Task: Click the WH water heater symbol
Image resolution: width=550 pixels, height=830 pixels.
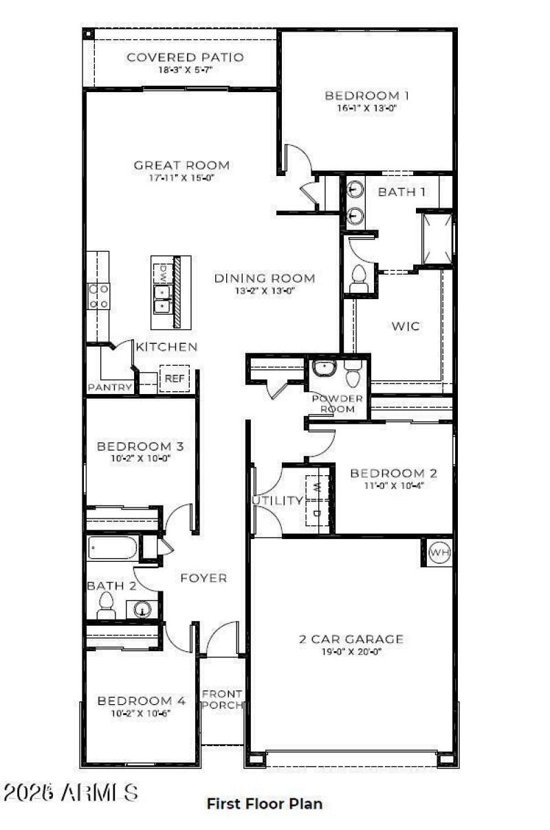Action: tap(438, 552)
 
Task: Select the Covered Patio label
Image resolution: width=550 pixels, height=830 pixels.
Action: tap(185, 57)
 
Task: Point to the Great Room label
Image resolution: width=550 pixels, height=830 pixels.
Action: tap(181, 165)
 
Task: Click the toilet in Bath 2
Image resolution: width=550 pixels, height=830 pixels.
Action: tap(106, 603)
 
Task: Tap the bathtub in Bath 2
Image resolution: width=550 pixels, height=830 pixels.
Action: tap(114, 549)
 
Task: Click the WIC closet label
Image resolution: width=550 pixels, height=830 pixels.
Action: tap(405, 327)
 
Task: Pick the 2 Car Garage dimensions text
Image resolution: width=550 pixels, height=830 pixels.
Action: tap(351, 651)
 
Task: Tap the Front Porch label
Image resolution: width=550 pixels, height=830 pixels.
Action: tap(221, 699)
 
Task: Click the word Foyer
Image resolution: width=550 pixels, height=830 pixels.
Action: tap(203, 578)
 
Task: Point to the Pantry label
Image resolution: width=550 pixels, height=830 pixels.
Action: tap(110, 388)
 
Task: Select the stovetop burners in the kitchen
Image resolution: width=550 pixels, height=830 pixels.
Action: tap(98, 296)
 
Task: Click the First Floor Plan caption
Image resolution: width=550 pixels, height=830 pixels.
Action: tap(265, 803)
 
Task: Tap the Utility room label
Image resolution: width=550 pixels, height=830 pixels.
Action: tap(278, 501)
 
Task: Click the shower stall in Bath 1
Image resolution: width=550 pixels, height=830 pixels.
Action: tap(437, 239)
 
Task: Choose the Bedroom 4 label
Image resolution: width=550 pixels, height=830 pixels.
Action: tap(141, 701)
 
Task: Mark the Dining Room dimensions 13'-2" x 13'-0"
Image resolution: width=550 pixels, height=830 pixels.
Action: tap(264, 291)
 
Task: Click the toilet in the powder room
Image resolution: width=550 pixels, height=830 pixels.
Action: tap(353, 375)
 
